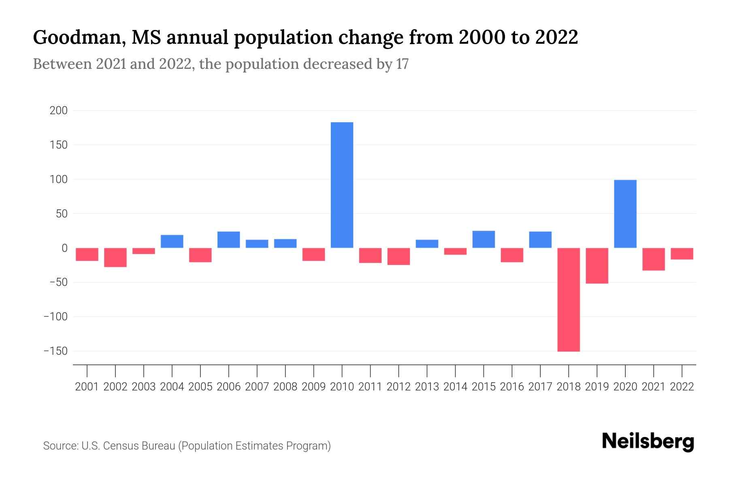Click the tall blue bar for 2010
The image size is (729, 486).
coord(342,185)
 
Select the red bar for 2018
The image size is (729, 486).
coord(568,299)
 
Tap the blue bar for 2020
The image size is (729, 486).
coord(625,214)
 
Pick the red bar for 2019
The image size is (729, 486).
coord(597,266)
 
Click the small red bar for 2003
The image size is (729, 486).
coord(144,251)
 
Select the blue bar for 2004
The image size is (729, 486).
coord(172,241)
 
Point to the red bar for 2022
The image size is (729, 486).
coord(682,254)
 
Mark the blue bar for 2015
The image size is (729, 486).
coord(484,239)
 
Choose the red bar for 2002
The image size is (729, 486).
coord(115,257)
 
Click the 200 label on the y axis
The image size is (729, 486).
coord(58,111)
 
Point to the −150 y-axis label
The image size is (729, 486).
coord(55,351)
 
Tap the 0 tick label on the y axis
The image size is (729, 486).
coord(64,248)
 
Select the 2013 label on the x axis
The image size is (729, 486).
coord(427,387)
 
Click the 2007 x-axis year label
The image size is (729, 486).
coord(257,387)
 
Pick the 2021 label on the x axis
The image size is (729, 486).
coord(653,387)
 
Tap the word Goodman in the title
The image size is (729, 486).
coord(77,37)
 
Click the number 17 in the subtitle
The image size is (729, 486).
coord(402,64)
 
